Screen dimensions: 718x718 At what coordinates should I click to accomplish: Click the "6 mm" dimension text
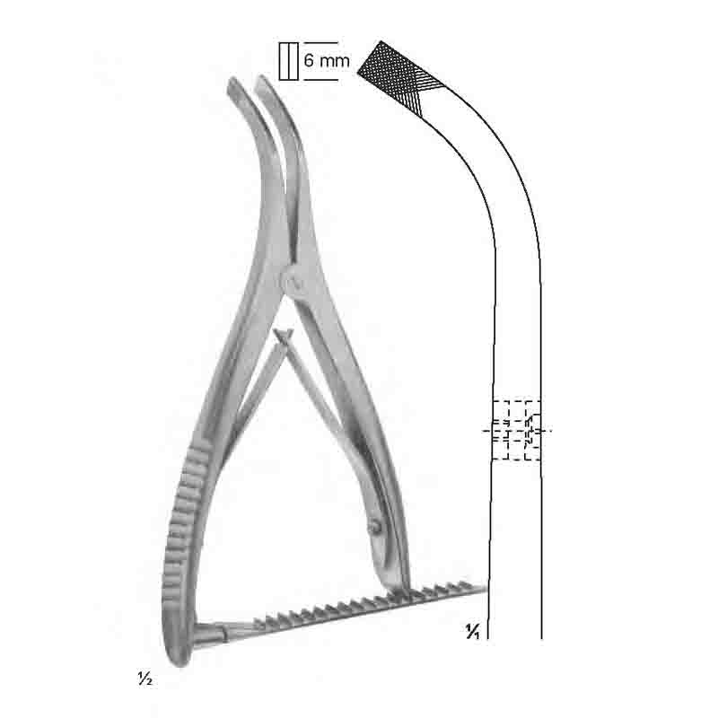327,60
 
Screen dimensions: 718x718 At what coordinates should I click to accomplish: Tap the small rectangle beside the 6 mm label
288,61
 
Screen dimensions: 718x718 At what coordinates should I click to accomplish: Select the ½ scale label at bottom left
144,679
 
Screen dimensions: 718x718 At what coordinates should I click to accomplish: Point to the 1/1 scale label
473,632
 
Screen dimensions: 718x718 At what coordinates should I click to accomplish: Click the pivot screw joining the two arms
293,282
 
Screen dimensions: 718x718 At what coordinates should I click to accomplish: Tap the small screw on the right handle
375,527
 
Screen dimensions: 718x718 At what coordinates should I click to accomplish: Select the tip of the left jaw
232,83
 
